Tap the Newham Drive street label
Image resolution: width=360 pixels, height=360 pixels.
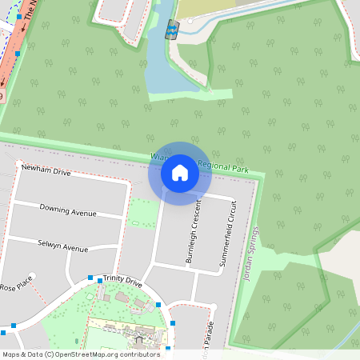46,171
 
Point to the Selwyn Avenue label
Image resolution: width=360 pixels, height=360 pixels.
62,245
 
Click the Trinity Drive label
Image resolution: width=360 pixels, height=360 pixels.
122,283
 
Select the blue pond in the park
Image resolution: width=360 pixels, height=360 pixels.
160,76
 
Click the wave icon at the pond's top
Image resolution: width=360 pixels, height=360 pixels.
171,32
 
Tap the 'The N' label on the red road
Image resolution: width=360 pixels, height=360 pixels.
30,10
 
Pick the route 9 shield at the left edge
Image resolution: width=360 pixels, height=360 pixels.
2,95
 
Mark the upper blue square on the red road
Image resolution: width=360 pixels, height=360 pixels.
19,16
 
